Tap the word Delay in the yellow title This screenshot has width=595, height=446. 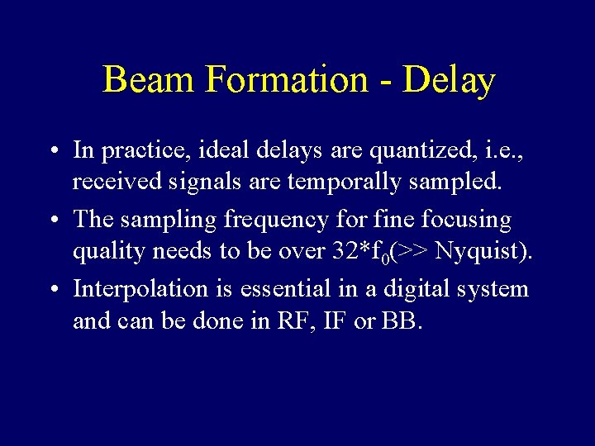pyautogui.click(x=449, y=80)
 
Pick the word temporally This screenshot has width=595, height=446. pyautogui.click(x=343, y=181)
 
